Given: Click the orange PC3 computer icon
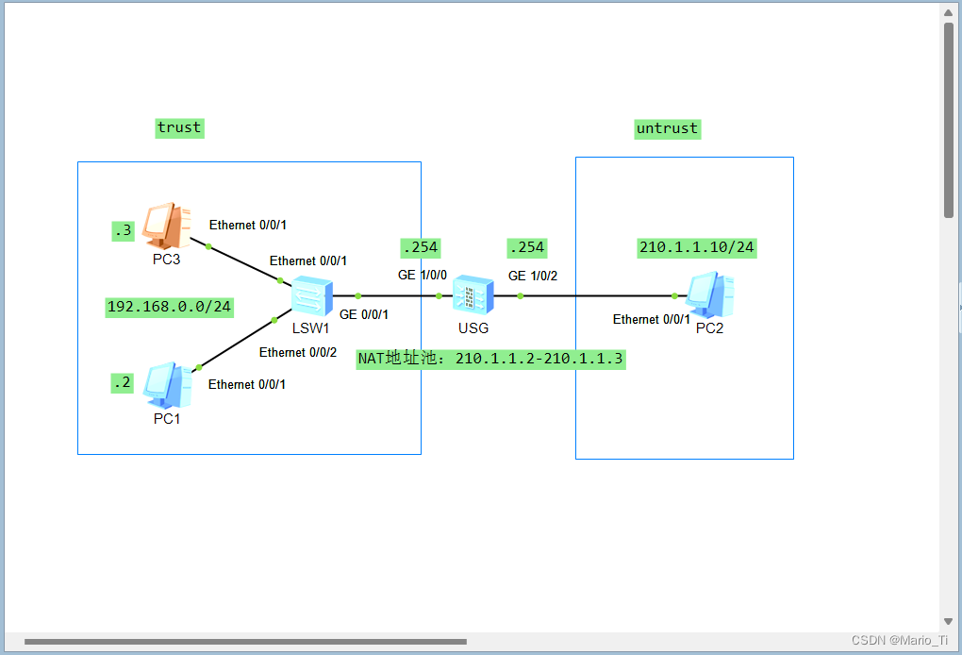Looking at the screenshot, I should (167, 226).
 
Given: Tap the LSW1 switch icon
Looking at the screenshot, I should (311, 295).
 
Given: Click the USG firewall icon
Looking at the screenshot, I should (473, 295).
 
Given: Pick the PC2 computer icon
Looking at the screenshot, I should (711, 295).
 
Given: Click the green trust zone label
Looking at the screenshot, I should (179, 127).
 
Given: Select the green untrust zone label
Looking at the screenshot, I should (667, 128).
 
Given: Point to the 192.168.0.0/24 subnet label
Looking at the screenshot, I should (170, 307).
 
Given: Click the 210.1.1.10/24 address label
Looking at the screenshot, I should (697, 247).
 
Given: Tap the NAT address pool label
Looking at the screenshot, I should (490, 359).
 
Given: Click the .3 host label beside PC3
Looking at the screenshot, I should (124, 230).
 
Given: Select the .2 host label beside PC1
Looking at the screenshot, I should (123, 382).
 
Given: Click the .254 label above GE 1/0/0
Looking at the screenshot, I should (421, 247).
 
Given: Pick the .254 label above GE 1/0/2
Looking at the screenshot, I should (526, 247).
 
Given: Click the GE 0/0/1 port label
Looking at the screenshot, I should (364, 314).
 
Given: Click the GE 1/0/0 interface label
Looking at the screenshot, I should (422, 276).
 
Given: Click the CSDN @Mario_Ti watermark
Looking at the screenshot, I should (900, 640).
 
